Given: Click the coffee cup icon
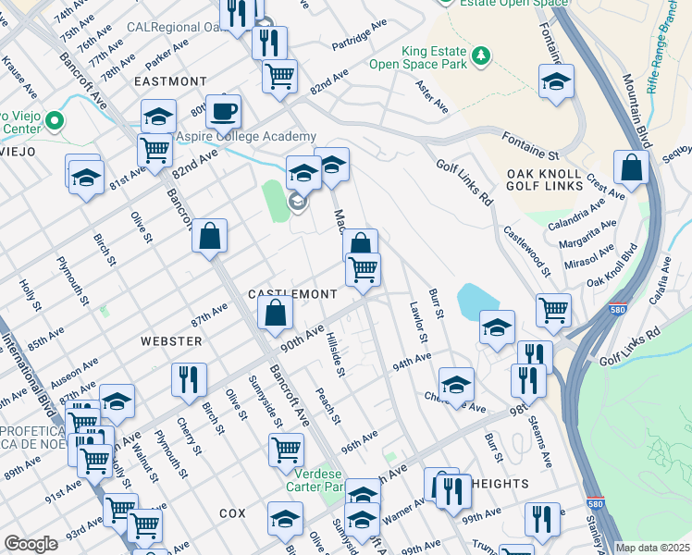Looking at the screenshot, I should (x=223, y=112).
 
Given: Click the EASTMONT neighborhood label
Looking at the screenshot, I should (x=170, y=81).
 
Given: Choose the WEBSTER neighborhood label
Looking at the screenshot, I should (x=171, y=341).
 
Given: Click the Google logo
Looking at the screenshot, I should (x=31, y=544).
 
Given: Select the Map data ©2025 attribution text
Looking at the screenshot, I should (x=653, y=548).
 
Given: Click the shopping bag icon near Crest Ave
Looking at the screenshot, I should (x=631, y=169).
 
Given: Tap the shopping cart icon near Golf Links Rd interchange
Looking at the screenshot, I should (x=553, y=310).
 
